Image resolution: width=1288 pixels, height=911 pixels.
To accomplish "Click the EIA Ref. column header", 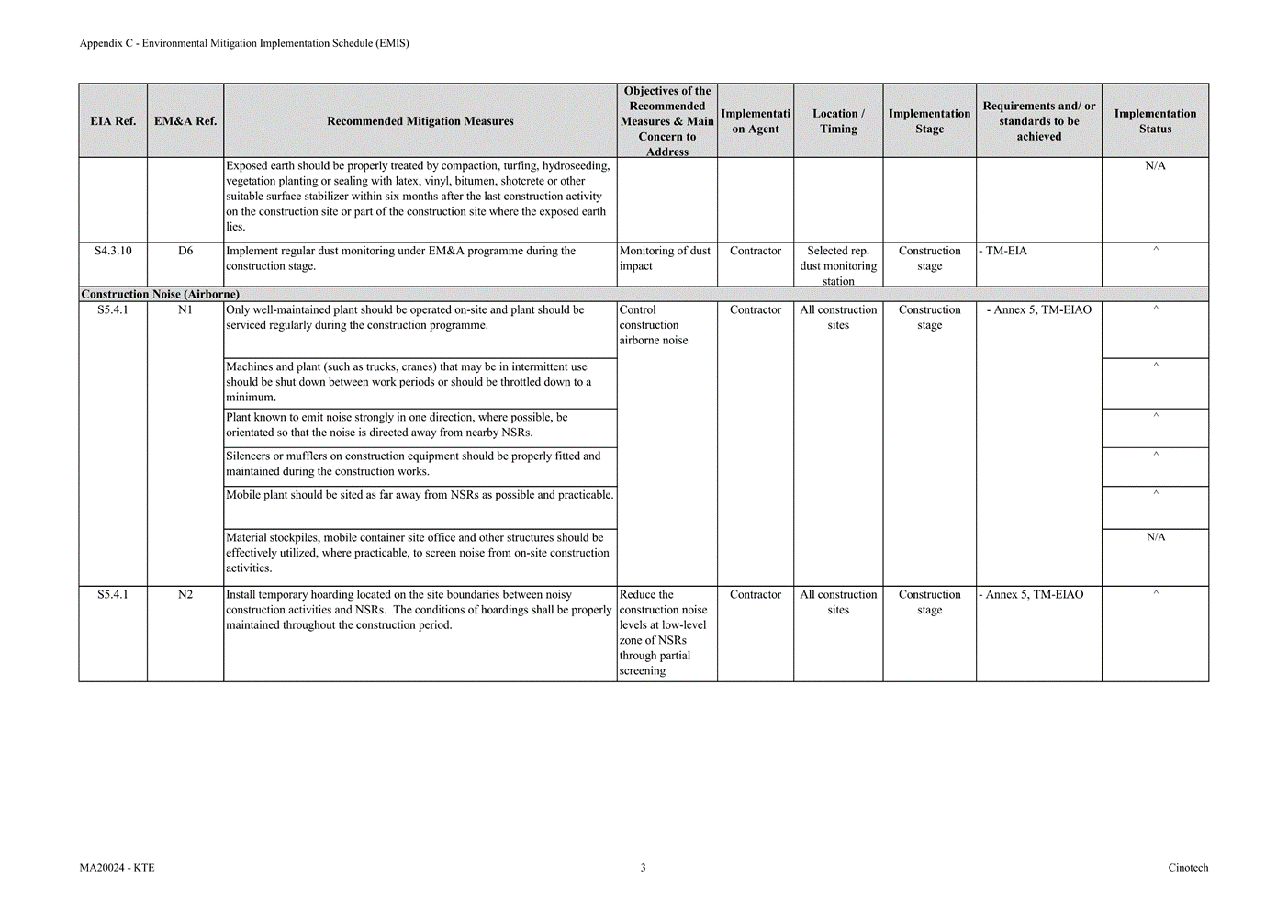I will click(113, 121).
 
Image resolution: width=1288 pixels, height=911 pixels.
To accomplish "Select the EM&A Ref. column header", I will click(185, 121).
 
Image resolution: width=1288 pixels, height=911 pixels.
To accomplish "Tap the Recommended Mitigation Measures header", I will click(420, 121).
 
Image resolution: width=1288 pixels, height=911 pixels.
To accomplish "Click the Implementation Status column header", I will click(1155, 121).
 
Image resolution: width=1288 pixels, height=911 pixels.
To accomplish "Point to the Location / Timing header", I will click(838, 121).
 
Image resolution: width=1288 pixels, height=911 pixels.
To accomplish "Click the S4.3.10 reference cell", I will click(113, 251).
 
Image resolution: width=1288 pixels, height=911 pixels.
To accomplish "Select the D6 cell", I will click(185, 251).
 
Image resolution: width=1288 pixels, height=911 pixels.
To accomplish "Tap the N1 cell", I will click(185, 310).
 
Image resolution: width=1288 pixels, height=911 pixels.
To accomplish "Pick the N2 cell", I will click(185, 595).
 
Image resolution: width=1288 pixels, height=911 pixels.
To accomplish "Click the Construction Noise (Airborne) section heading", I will click(161, 295).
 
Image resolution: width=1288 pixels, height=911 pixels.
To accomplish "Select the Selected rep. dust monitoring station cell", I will click(838, 265).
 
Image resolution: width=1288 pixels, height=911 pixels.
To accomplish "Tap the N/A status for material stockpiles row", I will click(1155, 537).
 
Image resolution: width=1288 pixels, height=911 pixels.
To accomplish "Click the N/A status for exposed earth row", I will click(1155, 166).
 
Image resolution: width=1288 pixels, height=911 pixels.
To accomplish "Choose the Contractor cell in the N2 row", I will click(756, 595).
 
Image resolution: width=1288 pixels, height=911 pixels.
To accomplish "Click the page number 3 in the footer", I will click(643, 868).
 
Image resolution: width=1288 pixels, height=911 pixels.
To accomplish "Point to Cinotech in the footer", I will click(1188, 868).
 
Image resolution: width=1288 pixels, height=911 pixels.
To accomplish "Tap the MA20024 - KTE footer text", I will click(117, 868).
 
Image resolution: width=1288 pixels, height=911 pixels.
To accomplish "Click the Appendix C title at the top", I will click(244, 43).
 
